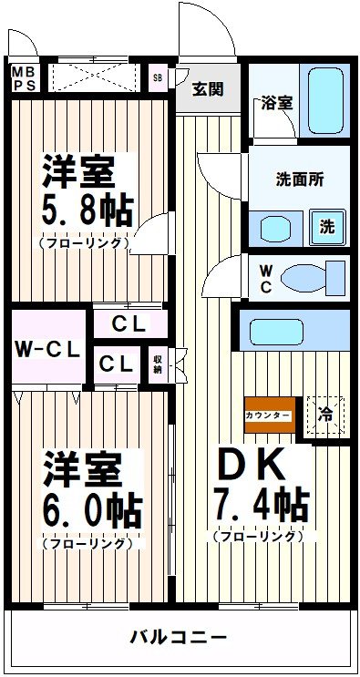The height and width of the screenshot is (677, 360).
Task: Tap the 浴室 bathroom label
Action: pos(277,102)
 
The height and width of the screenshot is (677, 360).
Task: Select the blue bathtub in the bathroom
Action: pos(326,99)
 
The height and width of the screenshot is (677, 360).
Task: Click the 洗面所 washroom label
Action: pos(300,179)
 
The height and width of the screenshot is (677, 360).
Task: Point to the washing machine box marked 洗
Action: pos(326,227)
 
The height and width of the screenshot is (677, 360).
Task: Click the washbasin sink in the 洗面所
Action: pos(272,227)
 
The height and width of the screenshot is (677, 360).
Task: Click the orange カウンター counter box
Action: pos(269,415)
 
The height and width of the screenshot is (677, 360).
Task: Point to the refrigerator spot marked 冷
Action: pos(325,415)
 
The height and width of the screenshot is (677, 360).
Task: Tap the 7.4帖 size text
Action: pos(260,502)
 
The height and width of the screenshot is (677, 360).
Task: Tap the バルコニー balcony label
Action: pos(179,636)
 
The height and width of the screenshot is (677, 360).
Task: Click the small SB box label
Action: pos(159,77)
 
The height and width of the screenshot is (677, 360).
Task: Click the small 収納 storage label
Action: pos(158,364)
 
